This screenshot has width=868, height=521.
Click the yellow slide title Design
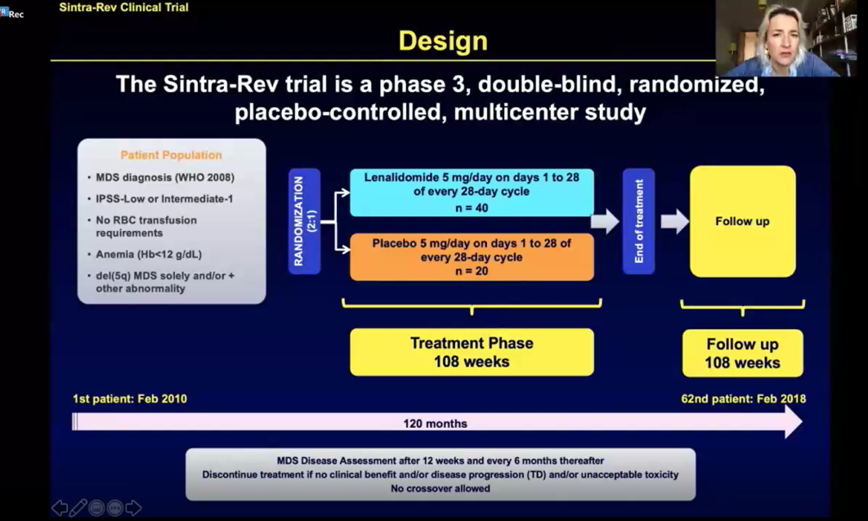click(x=442, y=41)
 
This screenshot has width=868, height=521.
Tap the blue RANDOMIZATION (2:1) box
click(x=304, y=221)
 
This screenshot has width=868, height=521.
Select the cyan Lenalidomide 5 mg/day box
click(x=472, y=192)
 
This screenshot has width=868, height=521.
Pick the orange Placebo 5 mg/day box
click(x=472, y=256)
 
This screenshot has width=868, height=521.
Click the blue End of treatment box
click(x=638, y=221)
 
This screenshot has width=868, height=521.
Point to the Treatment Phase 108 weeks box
click(x=472, y=352)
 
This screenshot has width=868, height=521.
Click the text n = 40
click(x=472, y=208)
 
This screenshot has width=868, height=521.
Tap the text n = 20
click(x=472, y=272)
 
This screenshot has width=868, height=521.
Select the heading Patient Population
click(x=171, y=155)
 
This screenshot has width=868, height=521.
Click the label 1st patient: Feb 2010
click(x=130, y=399)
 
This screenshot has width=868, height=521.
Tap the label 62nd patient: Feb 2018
click(x=743, y=399)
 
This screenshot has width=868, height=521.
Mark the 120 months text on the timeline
click(x=435, y=423)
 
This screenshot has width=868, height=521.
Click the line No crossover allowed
click(x=441, y=488)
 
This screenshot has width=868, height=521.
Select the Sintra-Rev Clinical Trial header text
click(x=123, y=7)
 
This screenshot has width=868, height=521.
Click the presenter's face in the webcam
click(x=772, y=37)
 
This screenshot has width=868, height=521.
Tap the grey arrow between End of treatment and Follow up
click(x=674, y=221)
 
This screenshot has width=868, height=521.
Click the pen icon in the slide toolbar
click(x=78, y=508)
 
